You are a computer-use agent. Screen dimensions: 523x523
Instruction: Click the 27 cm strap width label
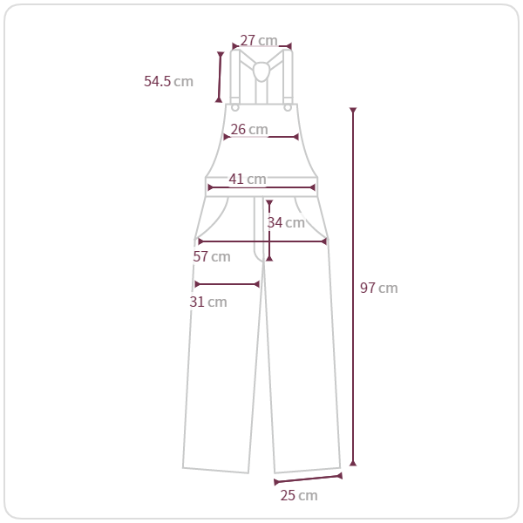coord(259,40)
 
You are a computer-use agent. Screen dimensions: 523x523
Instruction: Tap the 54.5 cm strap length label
coord(168,81)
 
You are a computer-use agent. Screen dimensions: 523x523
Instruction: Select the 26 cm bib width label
coord(249,129)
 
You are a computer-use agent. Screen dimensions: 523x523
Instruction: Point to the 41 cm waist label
coord(248,179)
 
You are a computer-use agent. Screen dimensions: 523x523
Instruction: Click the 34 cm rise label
coord(286,222)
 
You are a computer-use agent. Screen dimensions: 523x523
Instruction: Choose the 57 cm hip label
coord(212,256)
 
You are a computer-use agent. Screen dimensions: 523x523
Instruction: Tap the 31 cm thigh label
coord(208,302)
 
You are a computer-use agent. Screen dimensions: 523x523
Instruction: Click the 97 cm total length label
coord(379,288)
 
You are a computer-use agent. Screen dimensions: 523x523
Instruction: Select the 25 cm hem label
coord(299,495)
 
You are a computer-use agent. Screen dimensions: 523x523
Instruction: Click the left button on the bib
coord(235,108)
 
